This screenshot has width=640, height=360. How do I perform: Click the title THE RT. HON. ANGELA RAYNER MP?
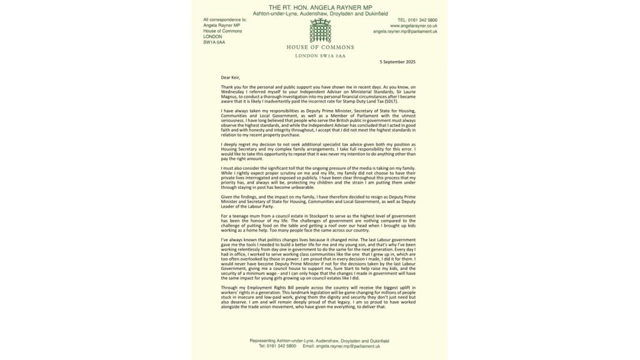pos(320,6)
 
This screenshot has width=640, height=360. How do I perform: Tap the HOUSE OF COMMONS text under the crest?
pos(320,47)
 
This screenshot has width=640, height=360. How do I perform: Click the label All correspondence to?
pos(225,20)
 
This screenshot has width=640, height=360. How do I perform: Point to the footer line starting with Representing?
pos(319,340)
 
